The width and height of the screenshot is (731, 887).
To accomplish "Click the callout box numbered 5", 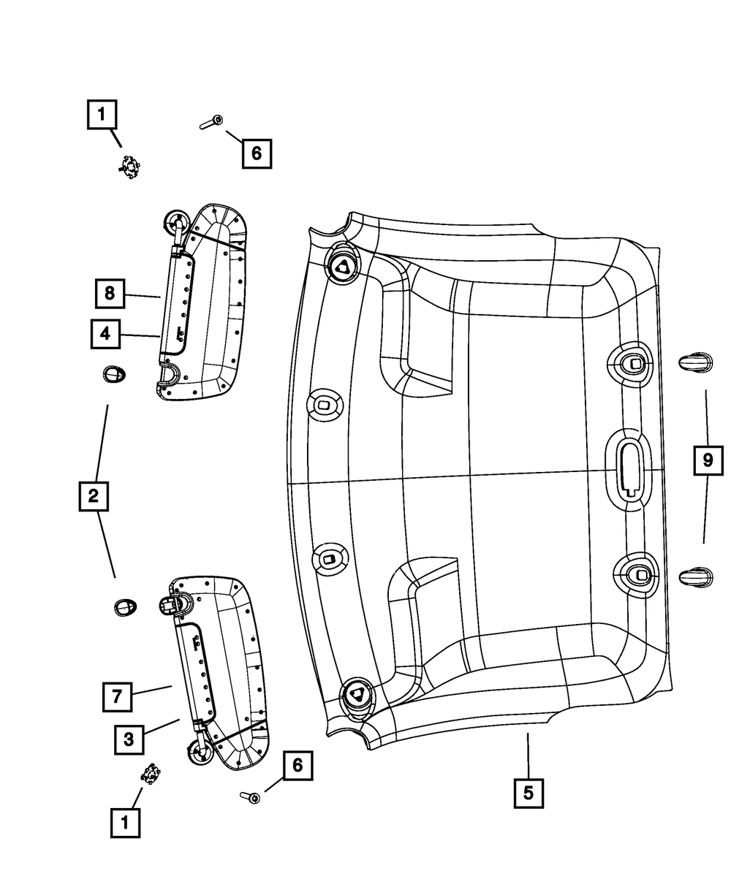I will (529, 792).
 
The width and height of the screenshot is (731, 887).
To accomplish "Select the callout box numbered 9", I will (708, 460).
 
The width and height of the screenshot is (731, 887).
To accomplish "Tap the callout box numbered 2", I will (93, 497).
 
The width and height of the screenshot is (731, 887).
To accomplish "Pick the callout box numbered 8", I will (109, 294).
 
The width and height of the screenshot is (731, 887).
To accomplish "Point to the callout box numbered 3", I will (129, 739).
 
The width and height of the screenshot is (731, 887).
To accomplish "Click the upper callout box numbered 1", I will (102, 115).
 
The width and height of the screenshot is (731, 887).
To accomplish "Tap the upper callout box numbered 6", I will (256, 153).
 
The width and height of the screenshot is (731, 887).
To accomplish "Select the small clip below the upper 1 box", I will (129, 168).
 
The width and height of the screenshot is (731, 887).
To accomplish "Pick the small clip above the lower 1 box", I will (151, 773).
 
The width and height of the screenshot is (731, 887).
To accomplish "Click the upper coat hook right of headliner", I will (694, 362).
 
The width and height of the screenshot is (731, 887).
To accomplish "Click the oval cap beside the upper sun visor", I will (113, 375).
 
